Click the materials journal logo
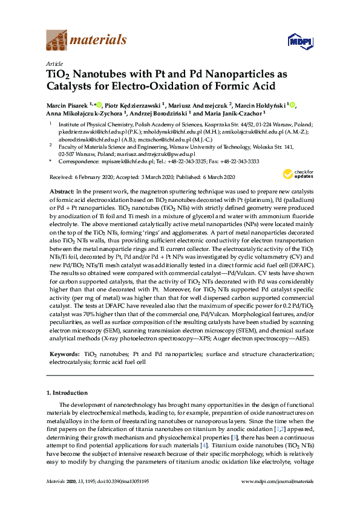87,41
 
